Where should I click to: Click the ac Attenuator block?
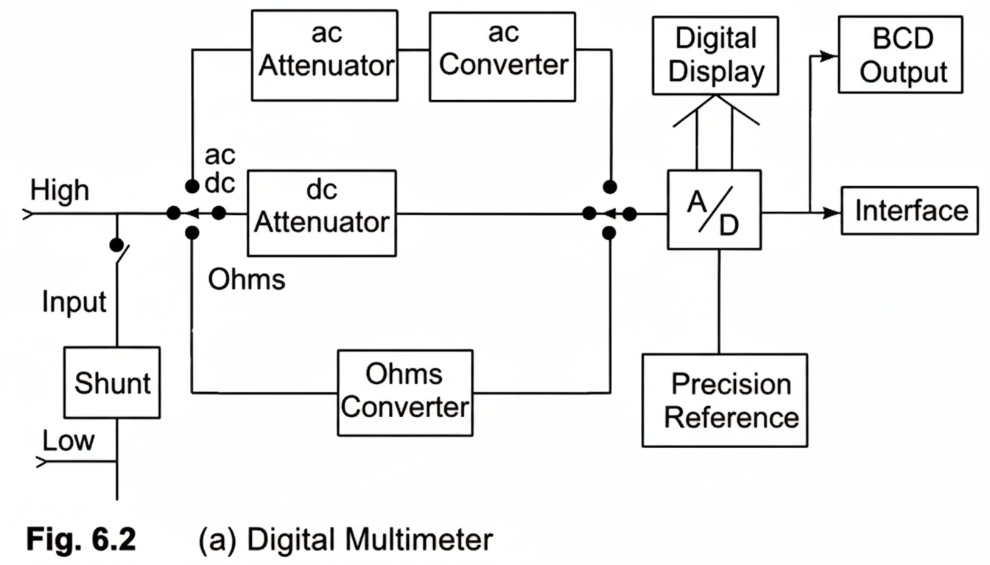click(324, 55)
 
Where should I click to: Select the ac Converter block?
click(504, 55)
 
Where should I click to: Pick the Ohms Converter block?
click(405, 391)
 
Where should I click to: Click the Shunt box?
click(112, 383)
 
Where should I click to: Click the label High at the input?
click(60, 191)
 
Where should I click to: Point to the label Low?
click(69, 441)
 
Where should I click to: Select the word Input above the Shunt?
click(74, 302)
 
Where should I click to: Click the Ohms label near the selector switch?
click(246, 280)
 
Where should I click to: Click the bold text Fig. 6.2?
click(81, 540)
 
